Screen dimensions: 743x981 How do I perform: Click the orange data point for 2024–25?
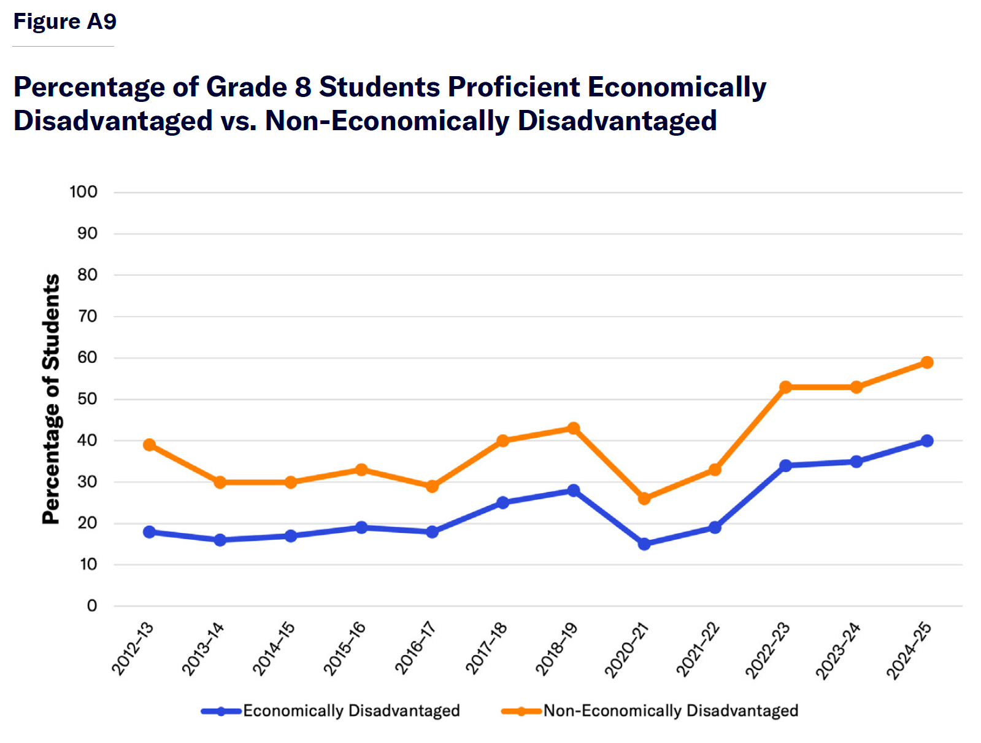(926, 362)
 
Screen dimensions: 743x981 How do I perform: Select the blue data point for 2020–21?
(644, 544)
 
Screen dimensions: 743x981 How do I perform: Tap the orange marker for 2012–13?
(149, 445)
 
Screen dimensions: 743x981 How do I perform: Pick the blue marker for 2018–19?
(573, 490)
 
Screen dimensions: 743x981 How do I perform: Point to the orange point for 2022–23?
(785, 387)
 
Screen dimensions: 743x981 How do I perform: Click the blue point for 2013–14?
(220, 540)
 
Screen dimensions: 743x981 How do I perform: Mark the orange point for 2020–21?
(644, 499)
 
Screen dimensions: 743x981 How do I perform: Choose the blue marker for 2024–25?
(926, 441)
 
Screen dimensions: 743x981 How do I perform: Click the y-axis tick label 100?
(83, 192)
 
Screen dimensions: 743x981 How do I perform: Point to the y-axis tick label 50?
(87, 399)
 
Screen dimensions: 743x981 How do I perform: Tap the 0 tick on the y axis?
(92, 606)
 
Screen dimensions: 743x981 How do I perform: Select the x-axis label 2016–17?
(415, 648)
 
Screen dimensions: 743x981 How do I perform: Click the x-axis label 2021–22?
(698, 649)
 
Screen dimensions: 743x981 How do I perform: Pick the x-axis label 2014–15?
(274, 648)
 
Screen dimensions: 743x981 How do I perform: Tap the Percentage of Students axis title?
(51, 399)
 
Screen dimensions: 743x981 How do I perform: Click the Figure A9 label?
(65, 21)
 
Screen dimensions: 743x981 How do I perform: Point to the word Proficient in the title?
(514, 87)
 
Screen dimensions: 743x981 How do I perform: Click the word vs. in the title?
(239, 121)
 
